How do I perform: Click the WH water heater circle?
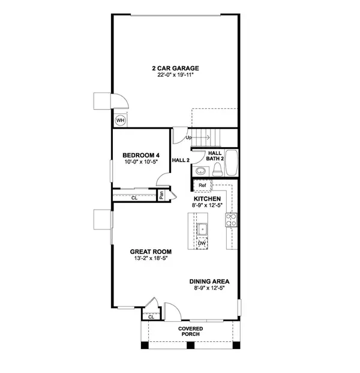point(120,120)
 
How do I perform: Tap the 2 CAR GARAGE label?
point(175,68)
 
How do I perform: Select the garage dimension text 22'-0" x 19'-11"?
point(175,75)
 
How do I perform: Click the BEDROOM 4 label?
point(141,156)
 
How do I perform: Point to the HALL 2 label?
point(181,160)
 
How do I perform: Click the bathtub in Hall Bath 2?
point(232,163)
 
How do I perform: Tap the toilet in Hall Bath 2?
point(217,169)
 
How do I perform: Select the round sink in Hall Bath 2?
point(201,171)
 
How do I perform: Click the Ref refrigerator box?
point(202,186)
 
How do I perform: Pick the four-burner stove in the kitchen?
point(231,220)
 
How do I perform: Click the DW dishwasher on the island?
point(202,243)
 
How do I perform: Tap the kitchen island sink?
point(202,229)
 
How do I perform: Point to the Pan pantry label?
point(161,195)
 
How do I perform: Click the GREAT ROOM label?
point(151,252)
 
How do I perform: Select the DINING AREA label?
point(209,282)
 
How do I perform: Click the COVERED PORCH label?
point(191,332)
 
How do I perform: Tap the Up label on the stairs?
point(188,138)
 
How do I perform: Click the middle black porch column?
point(190,345)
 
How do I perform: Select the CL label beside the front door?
point(151,317)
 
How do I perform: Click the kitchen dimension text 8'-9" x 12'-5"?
point(207,205)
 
